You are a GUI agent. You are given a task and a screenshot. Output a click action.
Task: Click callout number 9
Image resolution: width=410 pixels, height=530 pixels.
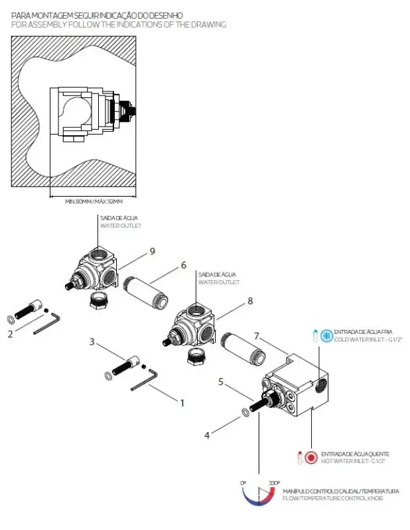152,251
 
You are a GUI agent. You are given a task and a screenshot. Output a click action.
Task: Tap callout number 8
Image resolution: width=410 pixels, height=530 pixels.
249,301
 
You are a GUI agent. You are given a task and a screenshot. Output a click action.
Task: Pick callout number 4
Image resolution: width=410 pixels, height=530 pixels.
207,435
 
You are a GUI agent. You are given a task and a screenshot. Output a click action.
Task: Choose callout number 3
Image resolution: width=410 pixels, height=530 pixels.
93,342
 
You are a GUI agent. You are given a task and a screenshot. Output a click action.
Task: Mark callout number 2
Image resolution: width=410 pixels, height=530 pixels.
10,334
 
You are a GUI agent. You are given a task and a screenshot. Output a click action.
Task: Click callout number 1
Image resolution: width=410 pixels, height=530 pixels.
182,401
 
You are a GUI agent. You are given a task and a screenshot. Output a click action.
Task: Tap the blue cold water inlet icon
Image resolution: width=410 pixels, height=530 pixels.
326,335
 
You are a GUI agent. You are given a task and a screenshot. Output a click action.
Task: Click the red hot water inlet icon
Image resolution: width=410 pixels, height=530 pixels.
311,457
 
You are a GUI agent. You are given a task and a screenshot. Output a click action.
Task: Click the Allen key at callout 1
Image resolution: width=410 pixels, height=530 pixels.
144,381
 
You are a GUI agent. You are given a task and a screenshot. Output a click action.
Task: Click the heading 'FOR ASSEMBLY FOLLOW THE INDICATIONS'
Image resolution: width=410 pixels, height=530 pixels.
119,25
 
